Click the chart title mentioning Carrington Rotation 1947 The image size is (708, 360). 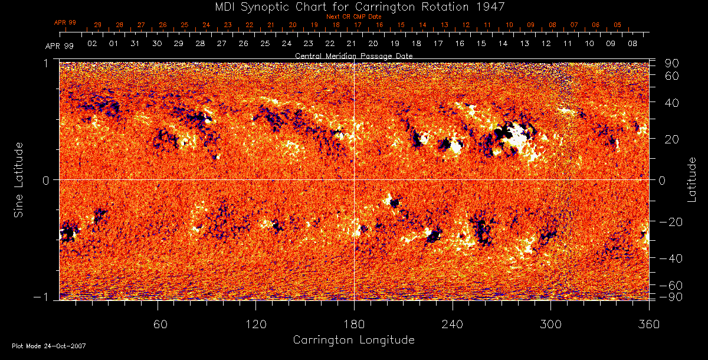coord(353,6)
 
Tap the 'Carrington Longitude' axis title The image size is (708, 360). coord(353,340)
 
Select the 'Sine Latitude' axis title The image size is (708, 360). coord(19,179)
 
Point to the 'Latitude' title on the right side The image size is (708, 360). coord(692,179)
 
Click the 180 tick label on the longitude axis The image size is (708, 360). coord(354,324)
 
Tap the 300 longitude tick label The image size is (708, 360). coord(550,324)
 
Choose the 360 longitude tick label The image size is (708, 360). coord(649,324)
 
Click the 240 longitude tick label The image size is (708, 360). coord(453,324)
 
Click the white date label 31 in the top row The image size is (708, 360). coord(135,44)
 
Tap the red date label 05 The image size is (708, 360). coord(617,25)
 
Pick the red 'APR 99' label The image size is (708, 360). coord(65,22)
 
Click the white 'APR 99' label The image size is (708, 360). coord(59,46)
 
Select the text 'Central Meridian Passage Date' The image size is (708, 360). coord(353,55)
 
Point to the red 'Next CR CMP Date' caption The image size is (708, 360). coord(353,17)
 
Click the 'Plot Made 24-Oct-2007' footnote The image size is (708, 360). coord(49,346)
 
